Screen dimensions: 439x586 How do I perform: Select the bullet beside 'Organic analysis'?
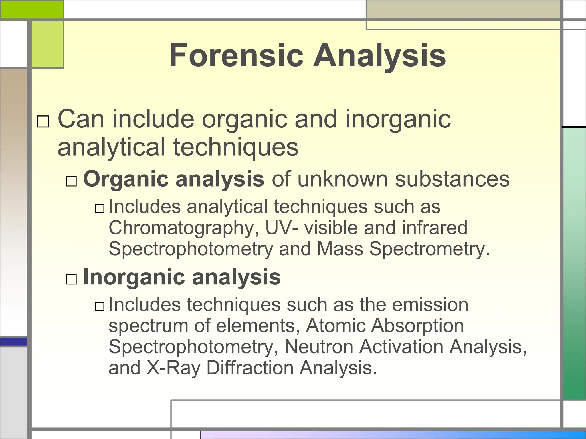coord(71,181)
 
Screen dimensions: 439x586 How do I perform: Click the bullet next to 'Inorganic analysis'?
coord(71,279)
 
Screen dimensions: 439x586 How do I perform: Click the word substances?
coord(452,179)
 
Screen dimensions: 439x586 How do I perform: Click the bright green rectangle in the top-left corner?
coord(31,9)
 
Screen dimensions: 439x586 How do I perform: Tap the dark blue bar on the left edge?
coord(13,342)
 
